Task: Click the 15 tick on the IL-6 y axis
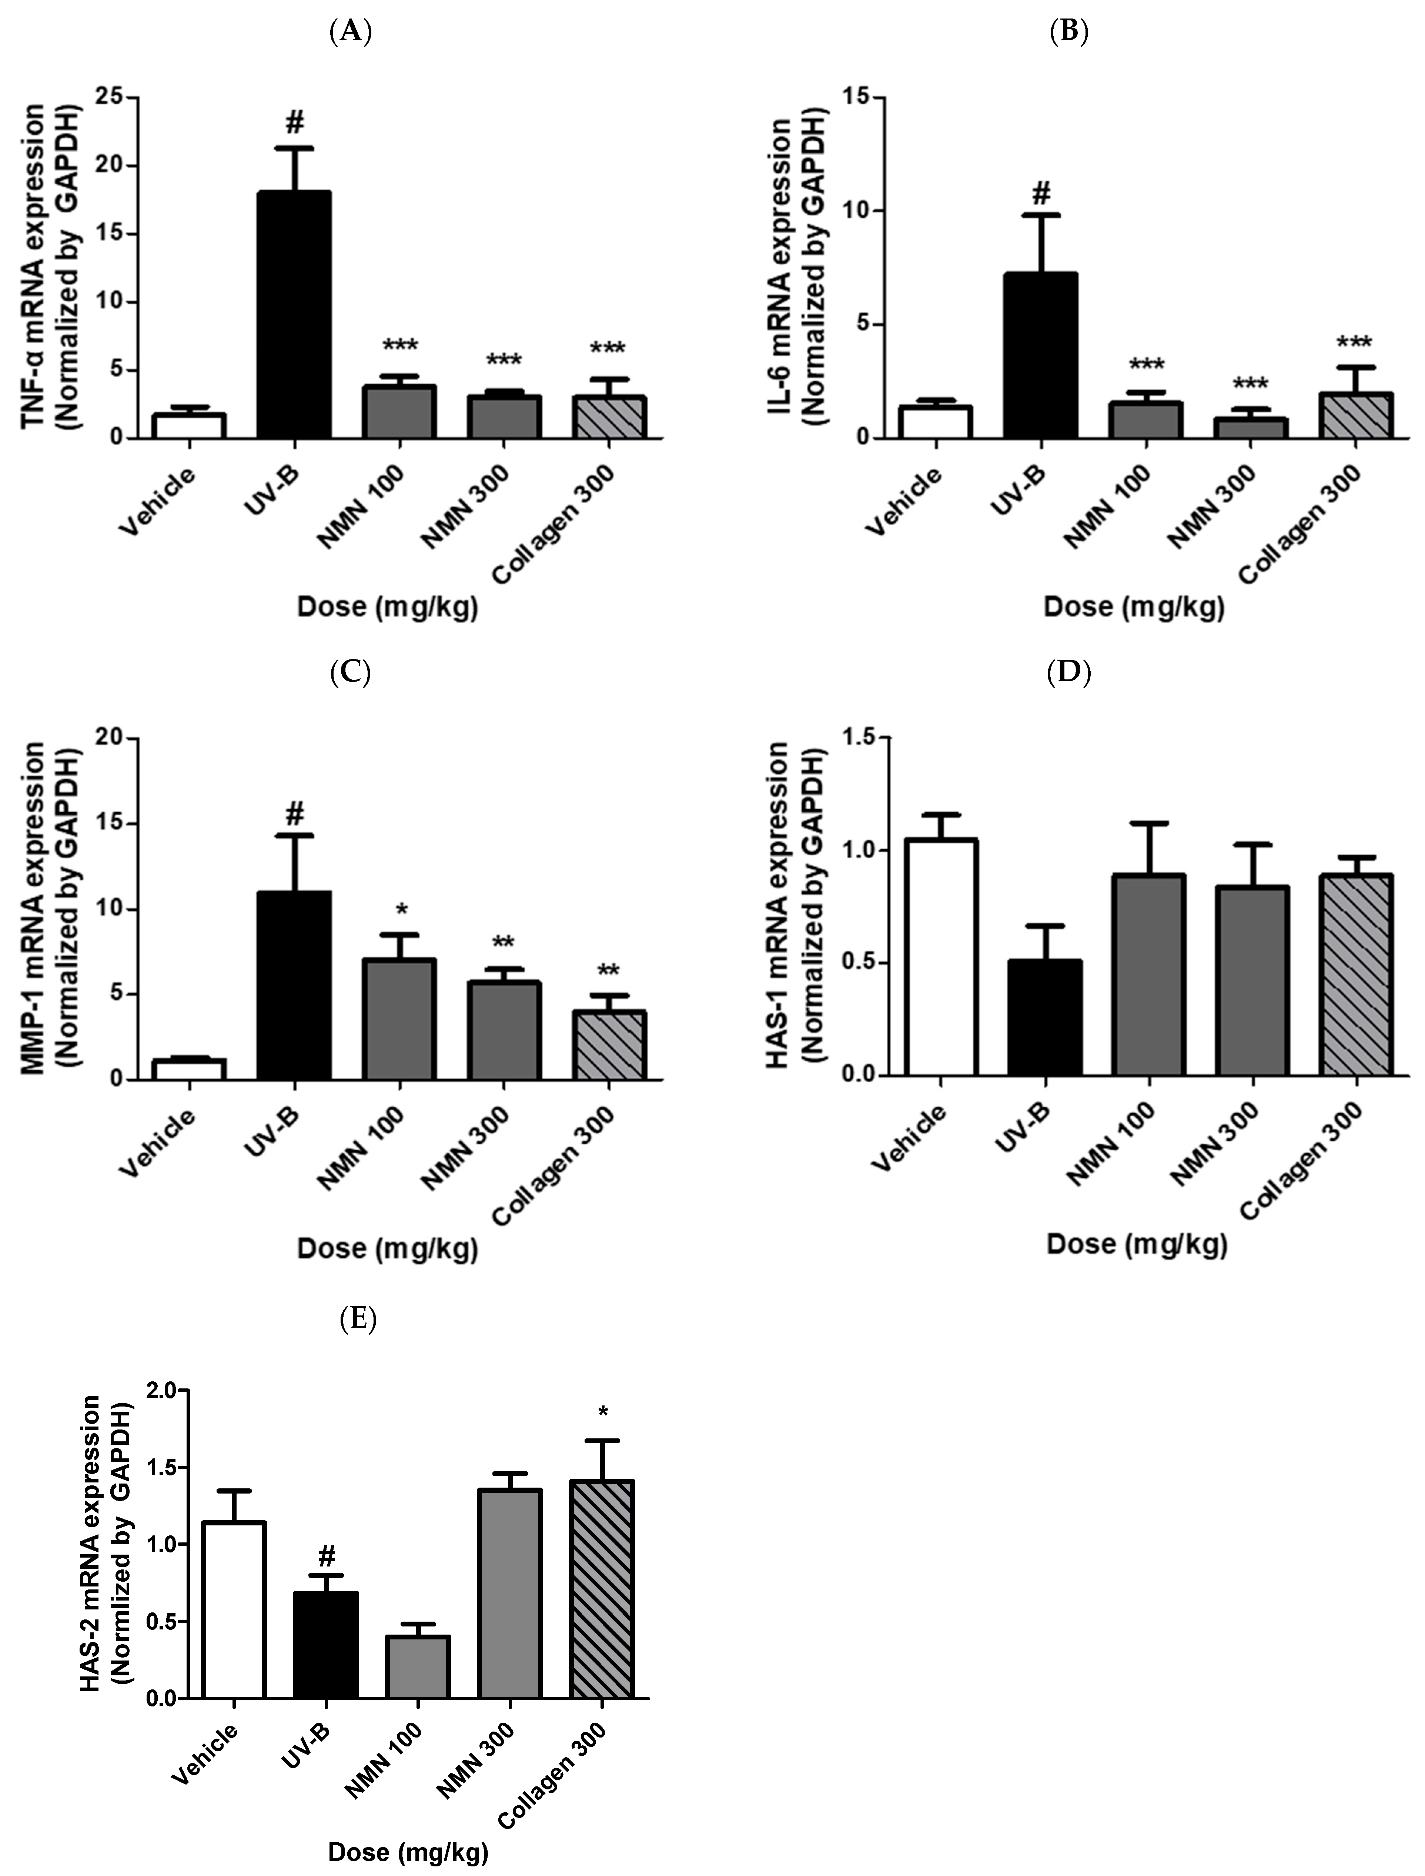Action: pos(857,98)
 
